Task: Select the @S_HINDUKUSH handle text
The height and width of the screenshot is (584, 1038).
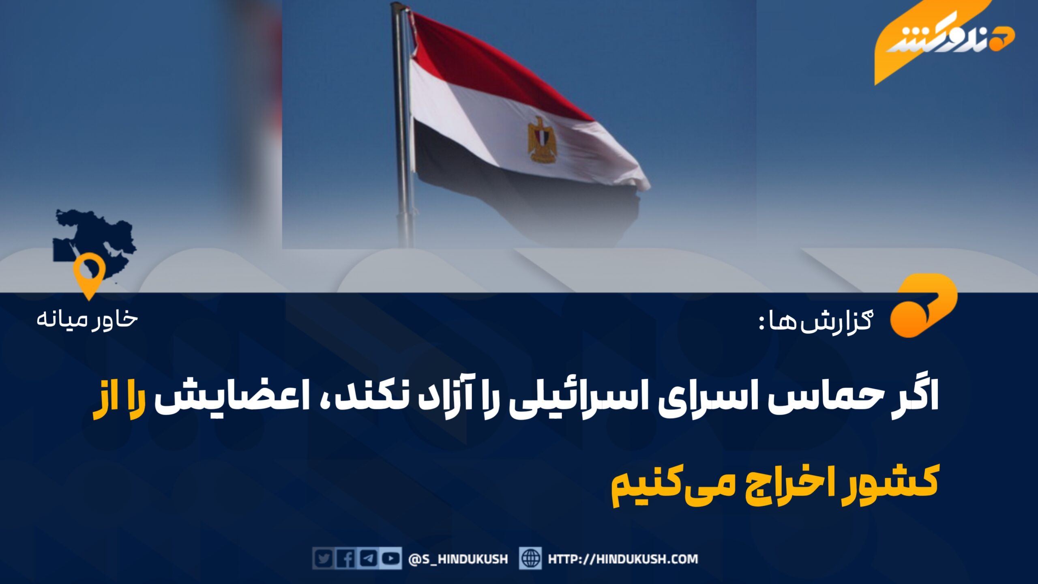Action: coord(458,560)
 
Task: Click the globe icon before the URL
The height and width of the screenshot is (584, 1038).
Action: coord(530,559)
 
